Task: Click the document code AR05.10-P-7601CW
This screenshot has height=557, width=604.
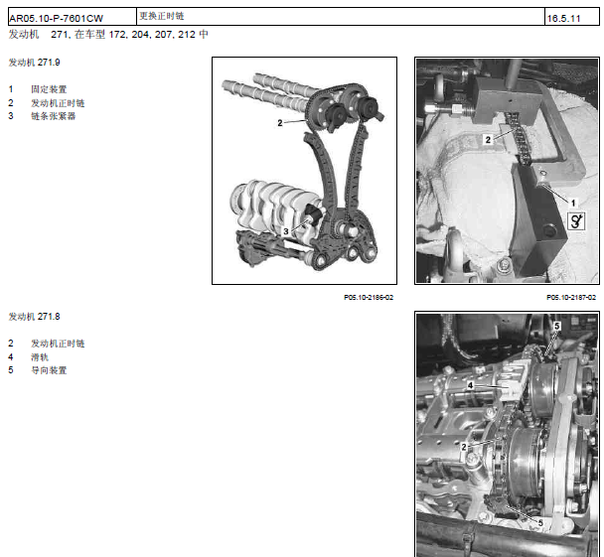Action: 57,19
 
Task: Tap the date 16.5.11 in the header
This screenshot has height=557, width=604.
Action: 563,19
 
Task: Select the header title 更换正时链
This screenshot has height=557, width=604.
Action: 162,16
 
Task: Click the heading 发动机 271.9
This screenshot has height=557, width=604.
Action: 35,63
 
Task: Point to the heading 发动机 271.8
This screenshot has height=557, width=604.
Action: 35,317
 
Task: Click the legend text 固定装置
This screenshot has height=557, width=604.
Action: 49,89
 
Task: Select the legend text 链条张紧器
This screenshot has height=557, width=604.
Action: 54,116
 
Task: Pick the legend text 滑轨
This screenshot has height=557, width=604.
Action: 40,357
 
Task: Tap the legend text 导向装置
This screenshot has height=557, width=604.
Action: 49,370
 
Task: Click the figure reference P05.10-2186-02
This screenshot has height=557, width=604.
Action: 369,297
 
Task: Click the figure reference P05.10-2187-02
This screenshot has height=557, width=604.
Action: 571,297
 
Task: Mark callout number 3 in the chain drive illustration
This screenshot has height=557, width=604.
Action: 286,231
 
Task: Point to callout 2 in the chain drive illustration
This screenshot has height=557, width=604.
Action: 280,123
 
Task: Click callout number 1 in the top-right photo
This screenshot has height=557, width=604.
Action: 573,203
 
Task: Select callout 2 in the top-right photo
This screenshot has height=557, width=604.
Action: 488,140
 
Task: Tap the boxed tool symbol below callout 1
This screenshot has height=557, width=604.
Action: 576,221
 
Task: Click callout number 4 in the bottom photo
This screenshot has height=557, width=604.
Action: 470,385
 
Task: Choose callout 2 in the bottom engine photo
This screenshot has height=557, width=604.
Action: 464,447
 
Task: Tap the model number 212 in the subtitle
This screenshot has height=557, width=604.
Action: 187,35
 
